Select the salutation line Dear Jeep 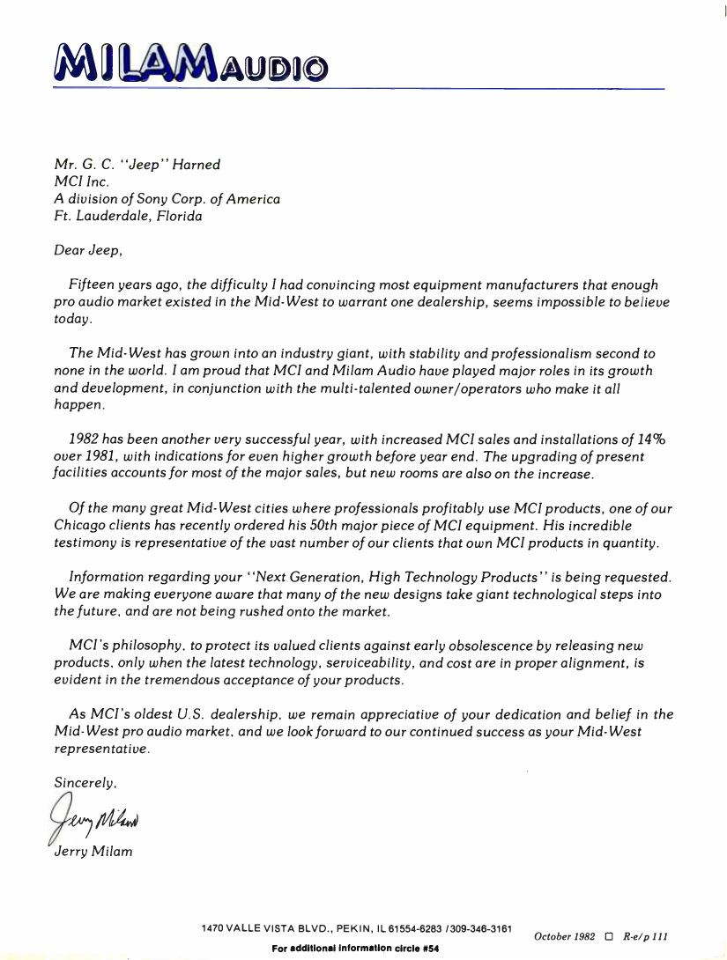click(x=88, y=250)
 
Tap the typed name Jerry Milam click(x=93, y=851)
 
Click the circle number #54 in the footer click(x=431, y=949)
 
